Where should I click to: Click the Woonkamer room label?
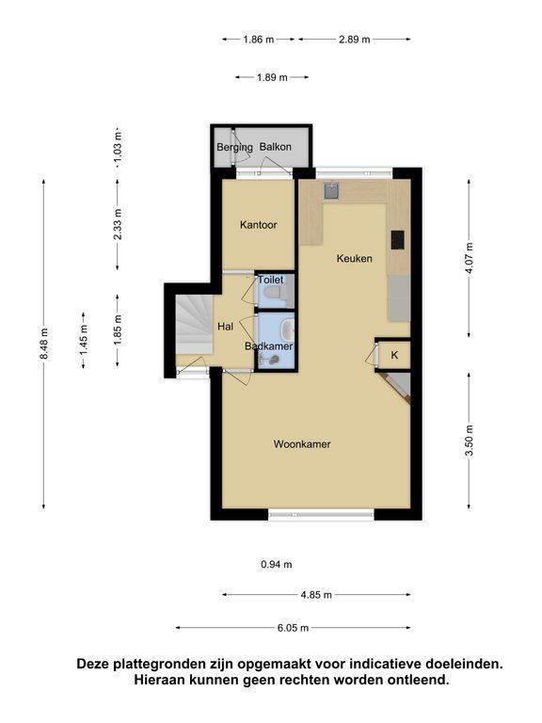[x=302, y=444]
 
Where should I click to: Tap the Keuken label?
[x=354, y=258]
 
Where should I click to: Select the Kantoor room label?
[x=258, y=225]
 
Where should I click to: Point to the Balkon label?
[x=275, y=147]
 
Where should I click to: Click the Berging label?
[x=234, y=148]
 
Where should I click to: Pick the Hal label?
[x=226, y=327]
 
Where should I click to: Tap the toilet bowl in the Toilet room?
[x=274, y=293]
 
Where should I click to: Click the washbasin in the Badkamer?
[x=288, y=329]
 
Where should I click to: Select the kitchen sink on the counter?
[x=331, y=190]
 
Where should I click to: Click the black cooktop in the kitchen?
[x=398, y=240]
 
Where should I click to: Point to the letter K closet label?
[x=394, y=355]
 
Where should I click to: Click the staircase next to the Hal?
[x=194, y=325]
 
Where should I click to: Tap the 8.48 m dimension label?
[x=43, y=344]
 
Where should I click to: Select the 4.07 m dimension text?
[x=470, y=258]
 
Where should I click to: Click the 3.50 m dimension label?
[x=470, y=441]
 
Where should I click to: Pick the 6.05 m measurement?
[x=294, y=628]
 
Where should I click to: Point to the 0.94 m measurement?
[x=277, y=565]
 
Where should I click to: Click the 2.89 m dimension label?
[x=355, y=40]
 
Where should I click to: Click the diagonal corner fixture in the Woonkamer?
[x=396, y=388]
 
